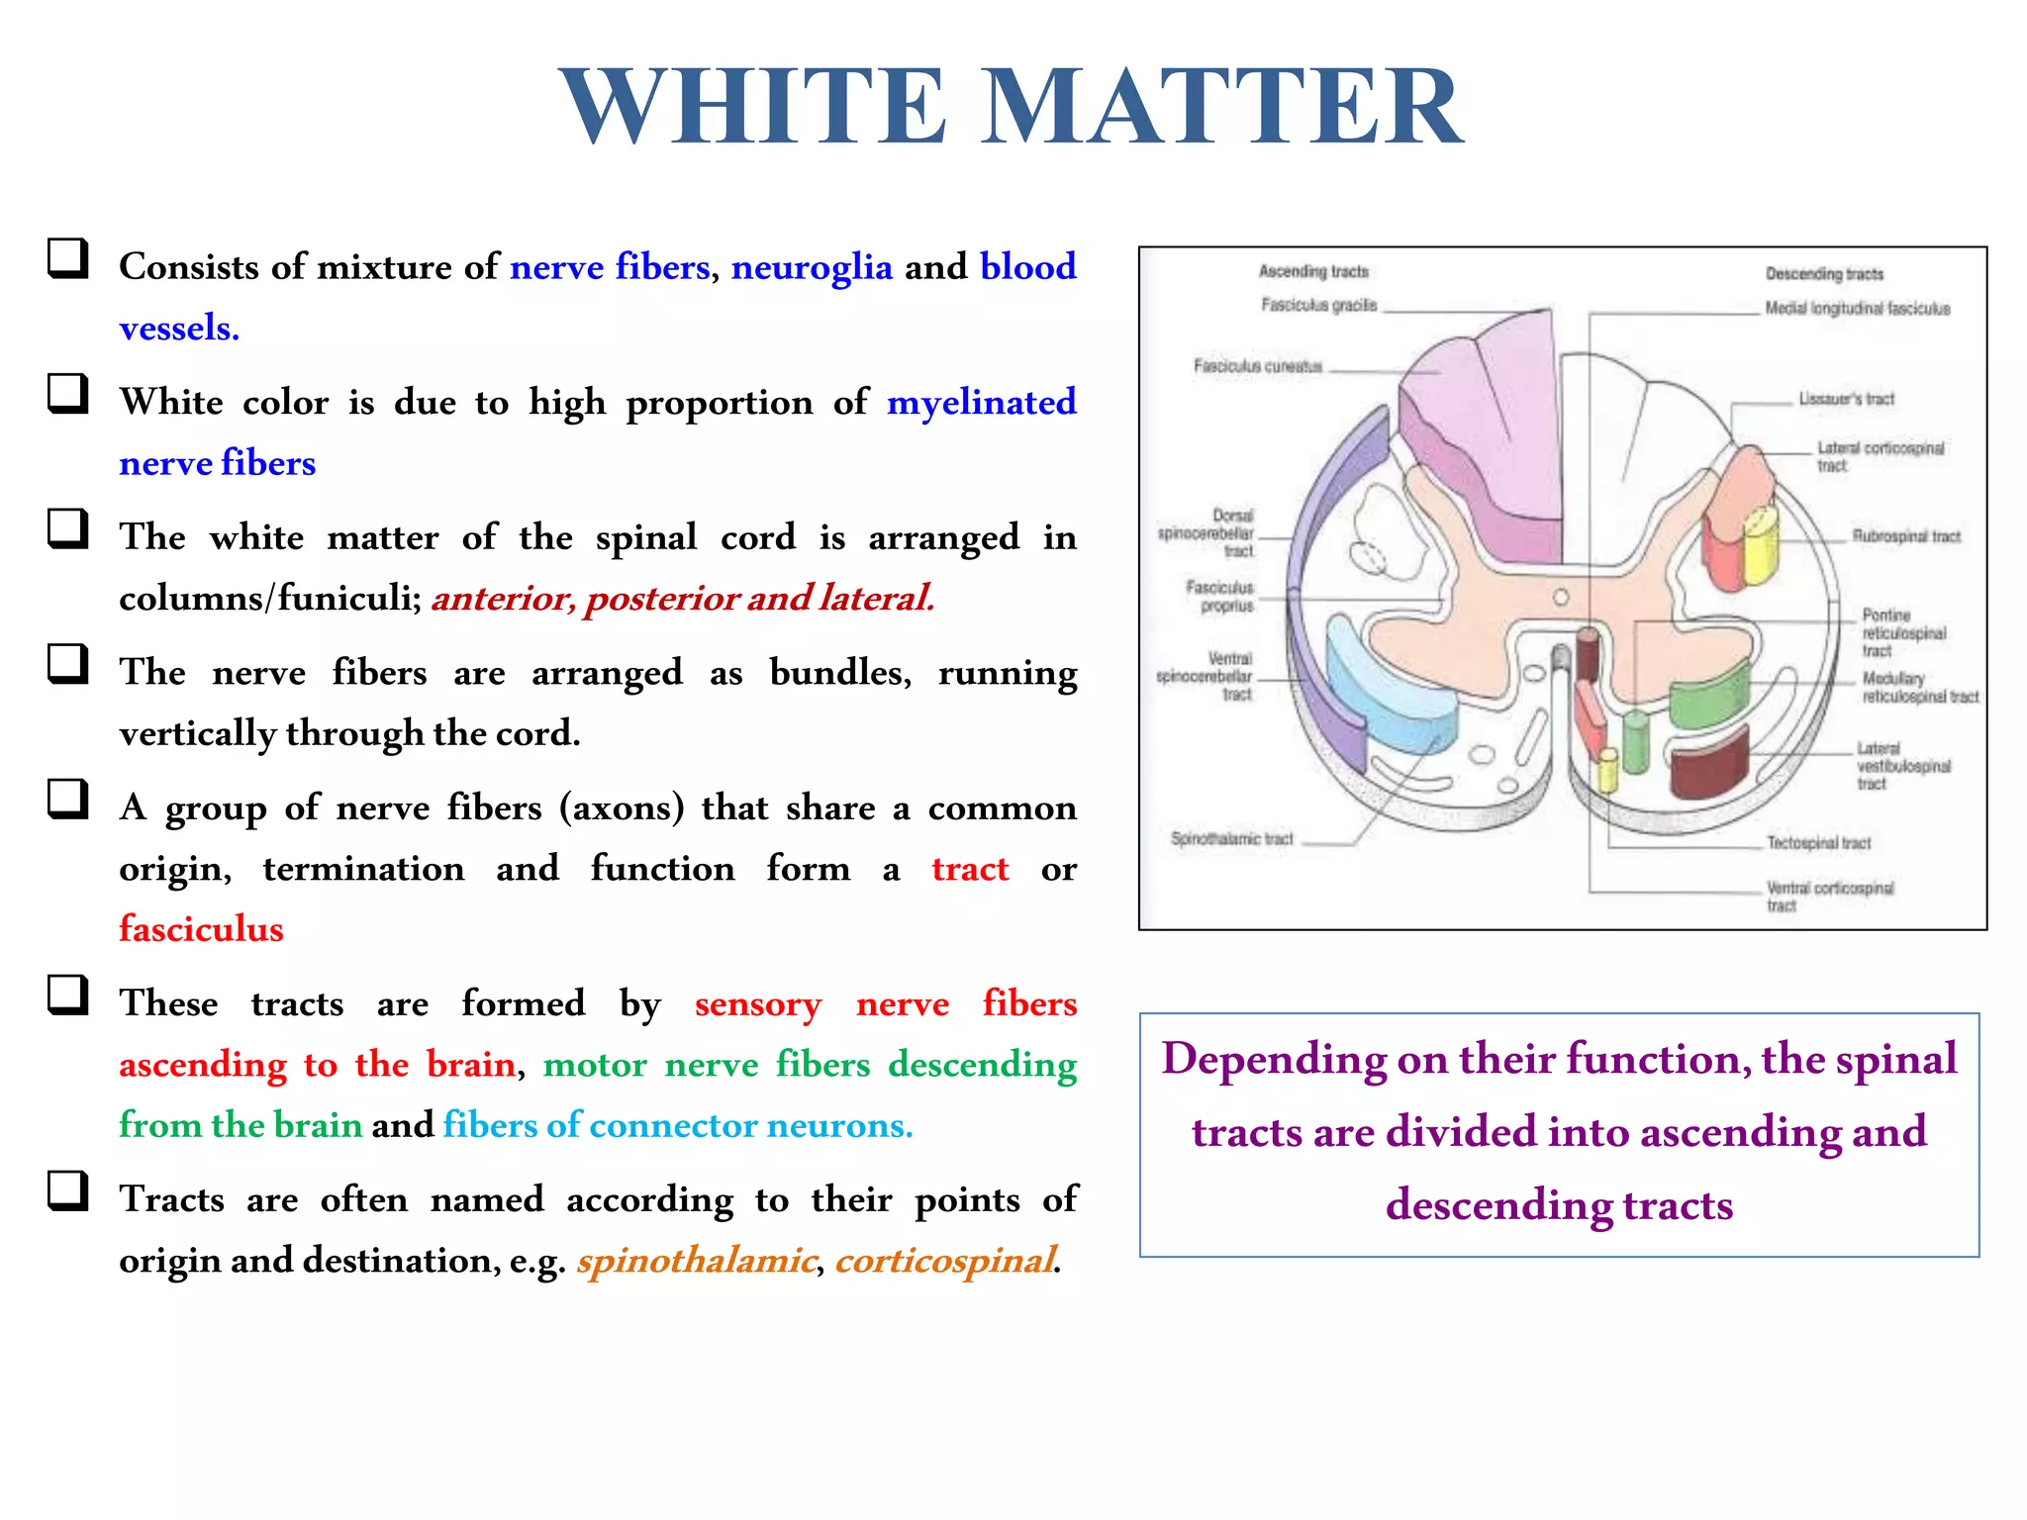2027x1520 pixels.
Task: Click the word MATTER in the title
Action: tap(1221, 107)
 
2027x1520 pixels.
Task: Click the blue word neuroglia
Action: tap(811, 267)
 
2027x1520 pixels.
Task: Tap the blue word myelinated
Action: tap(981, 403)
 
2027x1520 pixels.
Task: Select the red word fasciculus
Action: tap(201, 929)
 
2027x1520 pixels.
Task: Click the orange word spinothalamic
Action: tap(696, 1261)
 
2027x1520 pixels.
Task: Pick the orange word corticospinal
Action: tap(943, 1261)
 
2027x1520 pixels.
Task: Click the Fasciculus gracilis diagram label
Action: tap(1318, 305)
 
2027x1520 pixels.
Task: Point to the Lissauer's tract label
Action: tap(1846, 399)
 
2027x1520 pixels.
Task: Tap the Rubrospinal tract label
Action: tap(1906, 536)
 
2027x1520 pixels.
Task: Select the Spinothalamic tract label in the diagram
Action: tap(1231, 839)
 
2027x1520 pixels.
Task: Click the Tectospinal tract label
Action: tap(1818, 843)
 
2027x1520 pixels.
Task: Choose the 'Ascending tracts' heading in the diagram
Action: tap(1313, 271)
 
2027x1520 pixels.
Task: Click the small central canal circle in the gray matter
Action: tap(1561, 597)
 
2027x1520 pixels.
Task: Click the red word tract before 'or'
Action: tap(969, 869)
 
